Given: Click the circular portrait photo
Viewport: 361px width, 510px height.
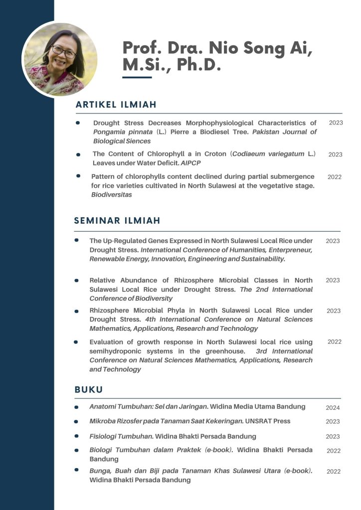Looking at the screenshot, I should coord(60,59).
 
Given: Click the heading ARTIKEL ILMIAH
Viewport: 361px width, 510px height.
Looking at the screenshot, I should coord(116,105).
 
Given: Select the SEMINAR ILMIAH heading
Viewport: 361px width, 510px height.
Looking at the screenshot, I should coord(117,220).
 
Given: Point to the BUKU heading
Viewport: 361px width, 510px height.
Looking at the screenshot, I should coord(89,389).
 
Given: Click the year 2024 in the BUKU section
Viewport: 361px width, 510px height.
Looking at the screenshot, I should coord(333,408).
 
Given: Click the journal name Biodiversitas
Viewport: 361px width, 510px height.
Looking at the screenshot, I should coord(111,195).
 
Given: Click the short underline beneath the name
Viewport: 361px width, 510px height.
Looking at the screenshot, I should coord(137,78).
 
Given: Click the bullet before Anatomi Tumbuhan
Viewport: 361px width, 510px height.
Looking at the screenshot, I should coord(76,407).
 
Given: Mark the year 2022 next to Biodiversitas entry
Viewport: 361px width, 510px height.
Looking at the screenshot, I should coord(334,177).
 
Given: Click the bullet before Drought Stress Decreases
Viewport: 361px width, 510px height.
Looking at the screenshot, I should coord(78,123).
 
